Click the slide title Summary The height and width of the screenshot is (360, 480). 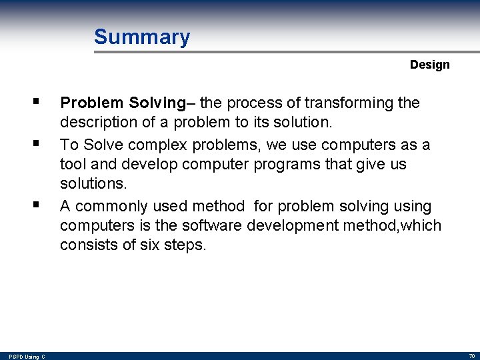pyautogui.click(x=141, y=37)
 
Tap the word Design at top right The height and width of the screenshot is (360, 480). pyautogui.click(x=429, y=65)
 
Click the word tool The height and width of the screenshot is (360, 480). pyautogui.click(x=72, y=164)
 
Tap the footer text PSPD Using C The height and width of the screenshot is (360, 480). pyautogui.click(x=27, y=357)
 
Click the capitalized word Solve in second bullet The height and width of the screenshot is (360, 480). pyautogui.click(x=99, y=144)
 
